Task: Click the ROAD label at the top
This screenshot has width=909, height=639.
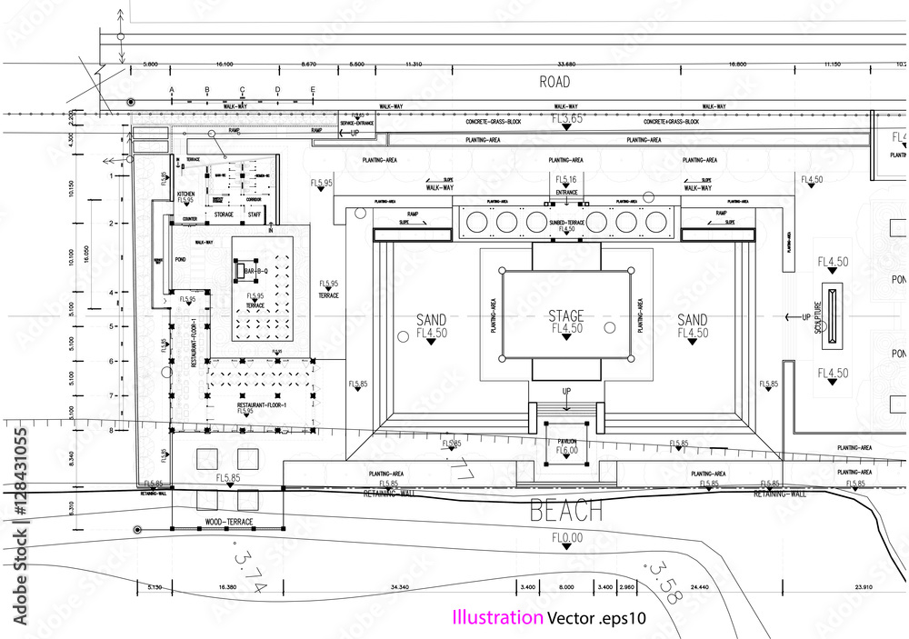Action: [554, 82]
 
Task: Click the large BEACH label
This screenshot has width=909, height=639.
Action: [566, 511]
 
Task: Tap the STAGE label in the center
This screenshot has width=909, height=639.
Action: [565, 316]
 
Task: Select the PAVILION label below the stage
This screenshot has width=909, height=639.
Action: [567, 442]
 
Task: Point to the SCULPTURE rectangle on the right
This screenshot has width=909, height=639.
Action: [834, 310]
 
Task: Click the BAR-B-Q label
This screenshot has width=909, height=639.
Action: [255, 271]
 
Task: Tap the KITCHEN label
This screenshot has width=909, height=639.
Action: [185, 195]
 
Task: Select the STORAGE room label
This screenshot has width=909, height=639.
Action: [224, 215]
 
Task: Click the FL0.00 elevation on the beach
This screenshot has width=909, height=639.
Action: [567, 538]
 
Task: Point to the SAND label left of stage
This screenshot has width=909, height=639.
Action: [431, 320]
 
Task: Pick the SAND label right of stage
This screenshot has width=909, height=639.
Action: [693, 320]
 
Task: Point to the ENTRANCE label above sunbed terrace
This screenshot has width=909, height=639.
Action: [567, 193]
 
